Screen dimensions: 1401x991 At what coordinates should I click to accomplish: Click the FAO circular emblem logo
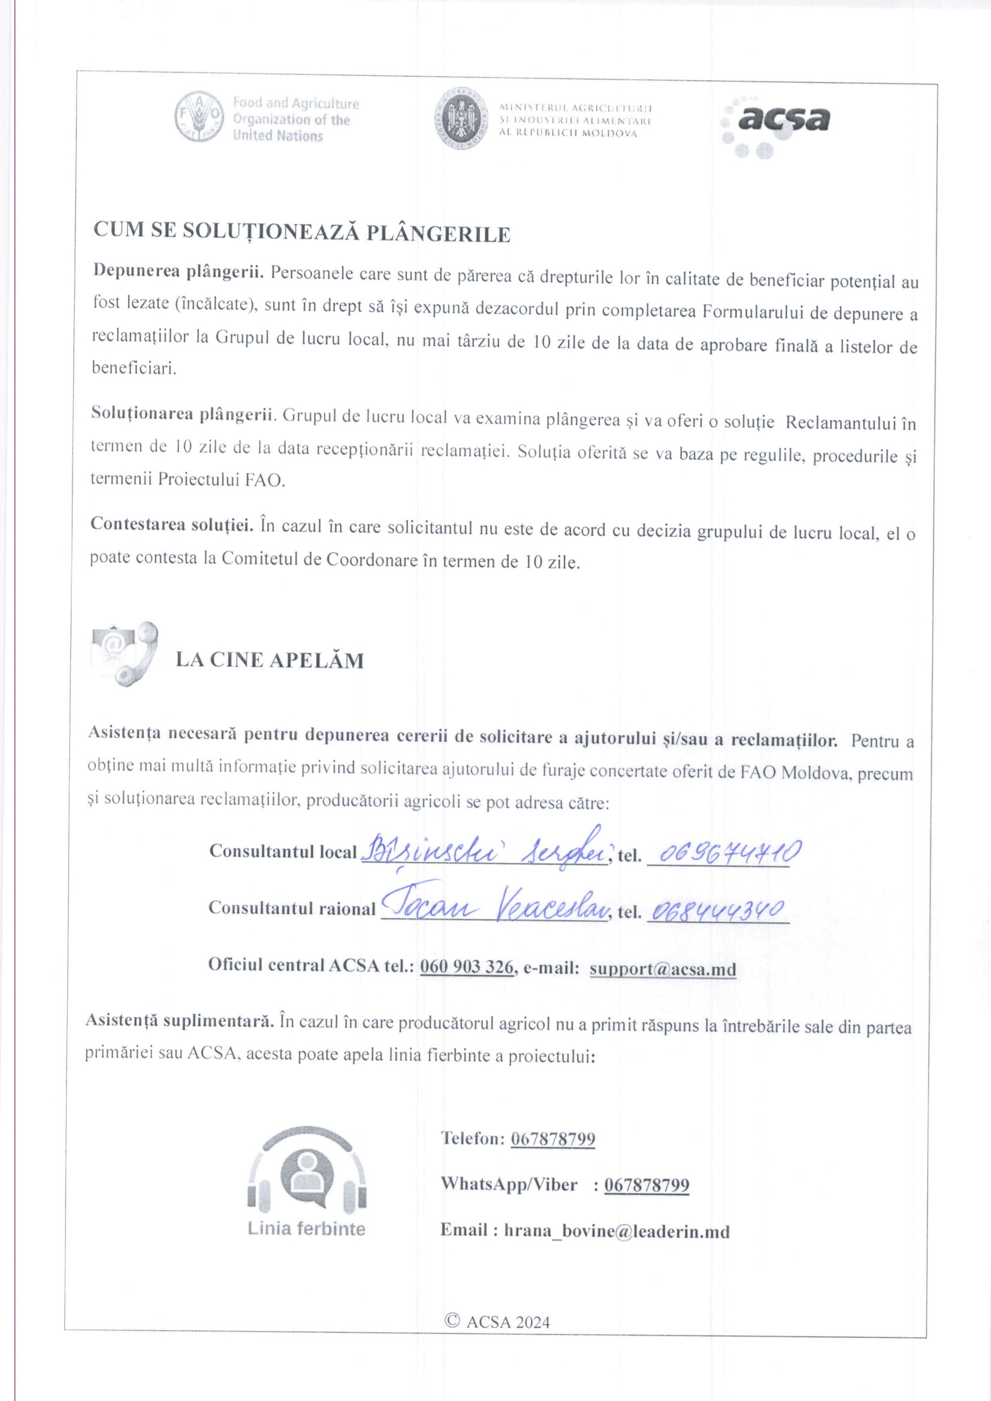199,117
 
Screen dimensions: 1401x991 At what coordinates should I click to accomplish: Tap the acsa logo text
784,119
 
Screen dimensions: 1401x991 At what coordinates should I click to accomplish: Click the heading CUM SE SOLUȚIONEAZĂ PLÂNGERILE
301,232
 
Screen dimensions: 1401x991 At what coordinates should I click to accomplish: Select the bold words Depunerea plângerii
178,271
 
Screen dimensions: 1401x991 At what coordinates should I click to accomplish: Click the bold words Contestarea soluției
172,524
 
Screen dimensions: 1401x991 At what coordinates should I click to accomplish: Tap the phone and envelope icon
125,653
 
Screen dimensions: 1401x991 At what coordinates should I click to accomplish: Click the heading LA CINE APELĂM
270,659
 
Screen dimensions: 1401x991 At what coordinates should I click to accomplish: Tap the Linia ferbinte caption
306,1228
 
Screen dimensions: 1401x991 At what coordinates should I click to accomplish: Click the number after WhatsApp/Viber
646,1185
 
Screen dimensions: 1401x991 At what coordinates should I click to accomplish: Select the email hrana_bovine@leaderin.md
617,1231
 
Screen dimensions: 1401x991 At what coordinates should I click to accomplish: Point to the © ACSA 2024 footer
498,1322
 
